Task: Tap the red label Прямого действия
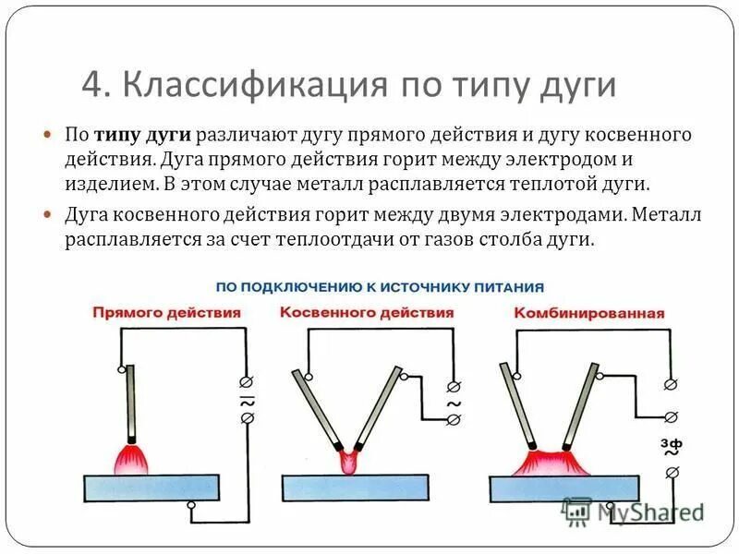[166, 313]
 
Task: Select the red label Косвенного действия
[367, 313]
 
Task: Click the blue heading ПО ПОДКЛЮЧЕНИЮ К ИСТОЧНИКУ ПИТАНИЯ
[379, 286]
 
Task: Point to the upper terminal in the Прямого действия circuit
[247, 380]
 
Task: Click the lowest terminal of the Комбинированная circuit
[672, 474]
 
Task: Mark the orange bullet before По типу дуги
[50, 135]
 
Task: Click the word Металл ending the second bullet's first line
[669, 216]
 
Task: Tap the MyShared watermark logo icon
[578, 511]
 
